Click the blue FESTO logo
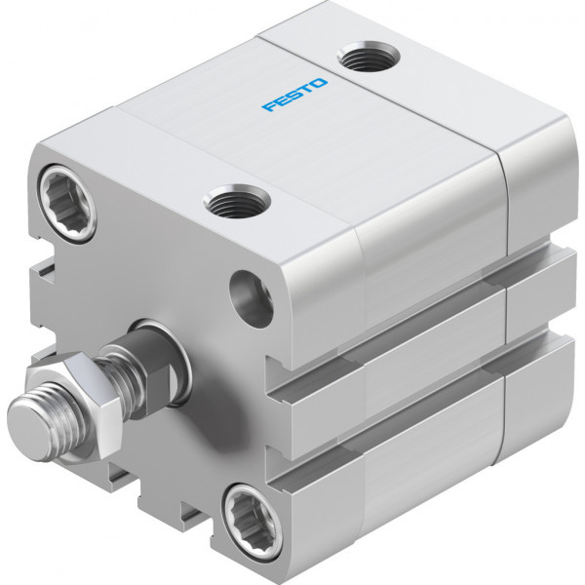coord(294,95)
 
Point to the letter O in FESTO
coord(319,83)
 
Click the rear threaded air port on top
coord(369,56)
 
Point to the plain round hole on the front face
coord(252,298)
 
